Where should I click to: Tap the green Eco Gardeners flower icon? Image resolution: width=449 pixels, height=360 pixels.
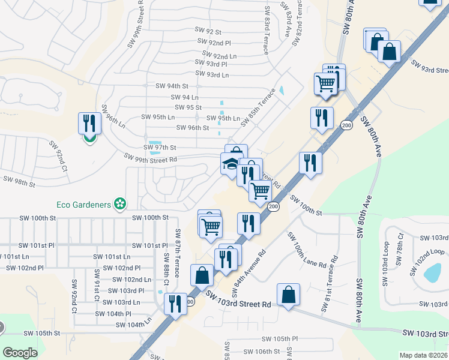point(120,204)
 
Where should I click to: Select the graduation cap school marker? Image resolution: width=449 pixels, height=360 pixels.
point(231,164)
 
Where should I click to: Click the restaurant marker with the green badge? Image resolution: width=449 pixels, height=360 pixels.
point(89,125)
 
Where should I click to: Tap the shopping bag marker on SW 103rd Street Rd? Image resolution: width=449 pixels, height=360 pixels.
point(288,295)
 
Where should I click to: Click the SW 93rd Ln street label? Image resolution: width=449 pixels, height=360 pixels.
point(209,75)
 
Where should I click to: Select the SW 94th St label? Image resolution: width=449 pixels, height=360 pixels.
point(172,86)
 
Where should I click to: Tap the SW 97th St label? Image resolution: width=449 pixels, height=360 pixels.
point(160,147)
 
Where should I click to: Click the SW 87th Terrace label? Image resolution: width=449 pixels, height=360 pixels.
point(178,252)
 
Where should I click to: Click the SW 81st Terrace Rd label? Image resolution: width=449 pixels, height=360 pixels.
point(329,284)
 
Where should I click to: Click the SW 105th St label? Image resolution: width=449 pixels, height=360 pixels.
point(42,333)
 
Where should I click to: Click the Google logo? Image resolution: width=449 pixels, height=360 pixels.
point(20,353)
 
